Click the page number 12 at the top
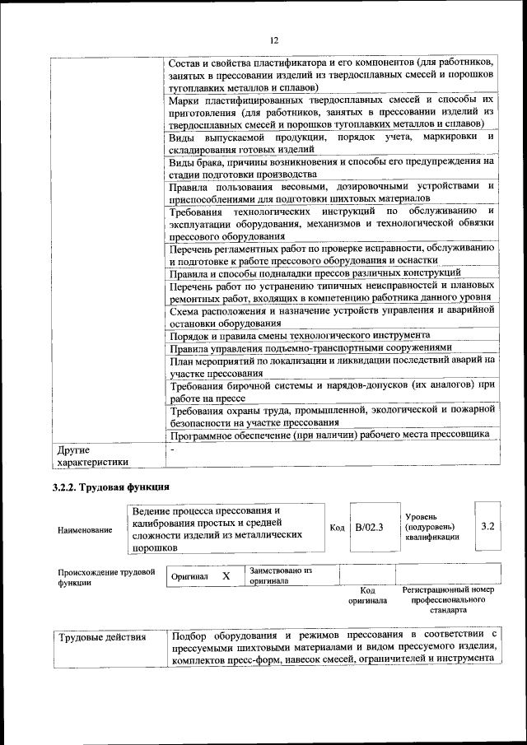point(274,40)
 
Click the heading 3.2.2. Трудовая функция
point(111,487)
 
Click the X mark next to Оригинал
point(226,575)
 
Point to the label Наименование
point(85,529)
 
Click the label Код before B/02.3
point(337,527)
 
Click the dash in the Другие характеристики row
point(173,450)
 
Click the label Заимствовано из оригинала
point(281,575)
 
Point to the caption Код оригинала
point(367,595)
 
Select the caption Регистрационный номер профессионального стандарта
point(447,600)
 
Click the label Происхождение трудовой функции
point(106,576)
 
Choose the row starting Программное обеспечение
point(330,434)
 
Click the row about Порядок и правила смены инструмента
point(300,336)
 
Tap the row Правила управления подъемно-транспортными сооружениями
point(310,347)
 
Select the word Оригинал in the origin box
point(189,576)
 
